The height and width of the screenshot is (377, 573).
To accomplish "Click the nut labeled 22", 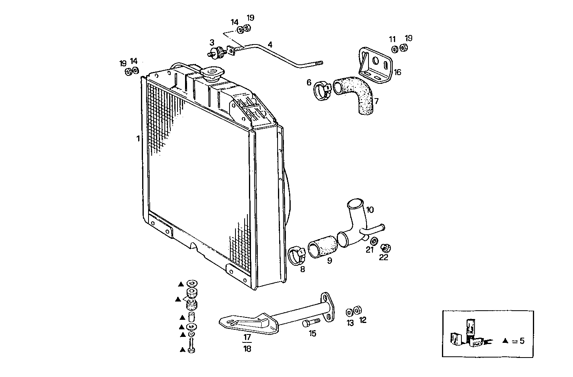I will click(x=385, y=248).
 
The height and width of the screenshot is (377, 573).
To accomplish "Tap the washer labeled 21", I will click(x=374, y=241).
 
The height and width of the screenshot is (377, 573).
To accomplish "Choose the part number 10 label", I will click(x=370, y=210).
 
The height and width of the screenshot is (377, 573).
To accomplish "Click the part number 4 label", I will click(x=270, y=44).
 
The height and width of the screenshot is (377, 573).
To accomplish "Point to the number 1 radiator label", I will click(x=138, y=139).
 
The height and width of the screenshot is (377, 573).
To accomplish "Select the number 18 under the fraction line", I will click(x=247, y=349).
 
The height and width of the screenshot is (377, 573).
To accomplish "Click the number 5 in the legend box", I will click(x=522, y=340).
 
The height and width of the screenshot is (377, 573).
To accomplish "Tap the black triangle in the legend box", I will click(x=505, y=341).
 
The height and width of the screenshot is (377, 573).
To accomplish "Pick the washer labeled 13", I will click(x=350, y=311).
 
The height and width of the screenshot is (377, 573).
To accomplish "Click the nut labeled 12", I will click(x=357, y=309).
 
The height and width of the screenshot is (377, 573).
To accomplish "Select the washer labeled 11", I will click(x=395, y=49).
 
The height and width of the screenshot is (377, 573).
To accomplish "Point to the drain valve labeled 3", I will click(x=216, y=52).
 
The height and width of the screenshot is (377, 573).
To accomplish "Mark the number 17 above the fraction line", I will click(x=247, y=337).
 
